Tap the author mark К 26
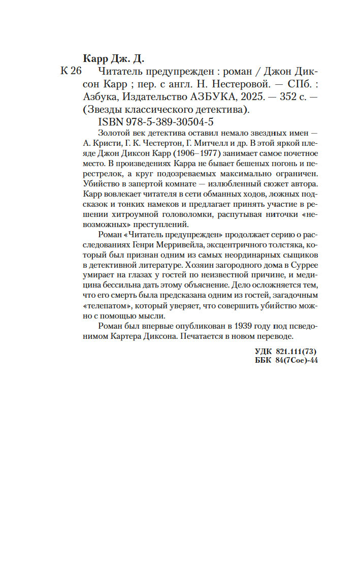[71, 71]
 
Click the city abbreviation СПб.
[296, 83]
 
